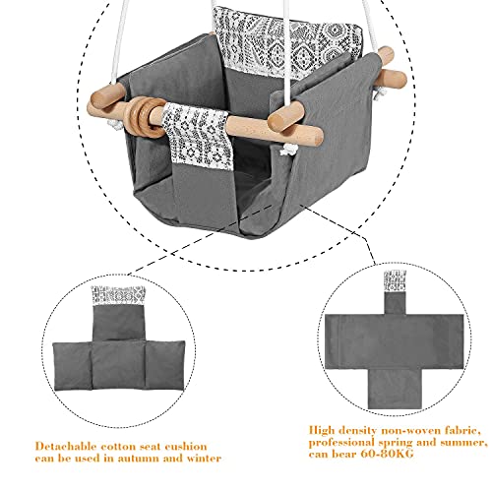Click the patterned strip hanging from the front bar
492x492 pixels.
tap(198, 136)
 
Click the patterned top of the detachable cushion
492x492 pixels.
tap(118, 296)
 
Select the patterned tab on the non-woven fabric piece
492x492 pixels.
tap(395, 281)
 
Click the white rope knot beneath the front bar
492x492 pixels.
tap(286, 150)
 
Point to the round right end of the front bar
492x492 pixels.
tap(317, 135)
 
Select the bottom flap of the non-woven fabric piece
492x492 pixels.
tap(394, 389)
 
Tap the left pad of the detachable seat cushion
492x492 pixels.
tap(72, 366)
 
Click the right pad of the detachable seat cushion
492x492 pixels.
tap(164, 365)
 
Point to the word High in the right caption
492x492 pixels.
tap(322, 430)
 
